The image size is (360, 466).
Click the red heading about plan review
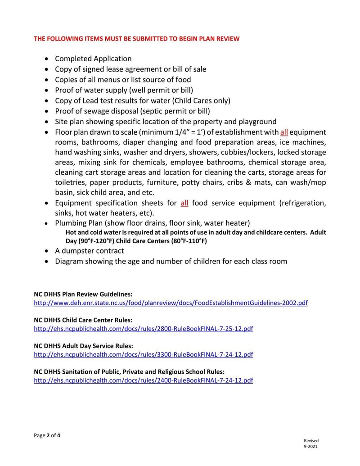click(137, 39)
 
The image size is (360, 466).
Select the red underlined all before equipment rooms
click(284, 132)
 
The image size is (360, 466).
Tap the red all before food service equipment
click(184, 203)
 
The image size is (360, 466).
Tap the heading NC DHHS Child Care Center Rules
click(83, 320)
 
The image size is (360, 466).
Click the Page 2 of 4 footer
click(47, 435)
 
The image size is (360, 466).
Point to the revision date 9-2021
click(311, 447)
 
